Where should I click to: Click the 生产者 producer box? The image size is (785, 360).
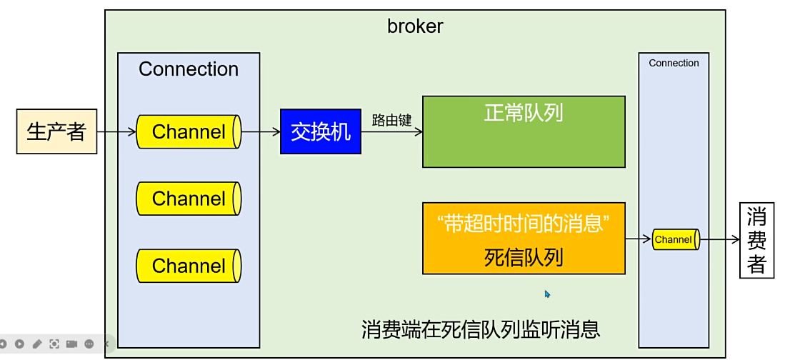pyautogui.click(x=56, y=131)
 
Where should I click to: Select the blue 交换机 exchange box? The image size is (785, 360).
pyautogui.click(x=321, y=131)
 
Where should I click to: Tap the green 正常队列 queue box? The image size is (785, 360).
pyautogui.click(x=524, y=131)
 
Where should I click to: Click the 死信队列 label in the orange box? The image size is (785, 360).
pyautogui.click(x=524, y=256)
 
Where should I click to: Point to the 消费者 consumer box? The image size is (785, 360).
pyautogui.click(x=756, y=241)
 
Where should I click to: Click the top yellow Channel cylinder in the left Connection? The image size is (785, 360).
pyautogui.click(x=189, y=131)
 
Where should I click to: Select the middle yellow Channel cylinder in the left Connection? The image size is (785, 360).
pyautogui.click(x=189, y=199)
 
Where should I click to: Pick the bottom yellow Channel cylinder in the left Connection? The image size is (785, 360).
pyautogui.click(x=189, y=266)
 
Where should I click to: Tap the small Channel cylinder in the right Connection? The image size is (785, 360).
pyautogui.click(x=674, y=240)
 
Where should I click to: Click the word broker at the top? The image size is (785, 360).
pyautogui.click(x=415, y=26)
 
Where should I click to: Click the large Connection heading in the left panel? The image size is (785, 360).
pyautogui.click(x=189, y=69)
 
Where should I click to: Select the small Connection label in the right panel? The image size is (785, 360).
pyautogui.click(x=674, y=63)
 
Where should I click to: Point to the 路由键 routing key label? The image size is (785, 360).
pyautogui.click(x=391, y=120)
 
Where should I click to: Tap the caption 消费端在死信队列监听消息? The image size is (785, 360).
pyautogui.click(x=481, y=329)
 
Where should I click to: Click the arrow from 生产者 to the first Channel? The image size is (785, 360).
pyautogui.click(x=116, y=131)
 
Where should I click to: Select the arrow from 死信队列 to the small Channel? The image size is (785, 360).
pyautogui.click(x=638, y=240)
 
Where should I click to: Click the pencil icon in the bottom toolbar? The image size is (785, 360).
pyautogui.click(x=36, y=344)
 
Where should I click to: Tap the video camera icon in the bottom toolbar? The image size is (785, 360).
pyautogui.click(x=71, y=344)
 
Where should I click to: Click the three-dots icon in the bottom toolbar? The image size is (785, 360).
pyautogui.click(x=89, y=344)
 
